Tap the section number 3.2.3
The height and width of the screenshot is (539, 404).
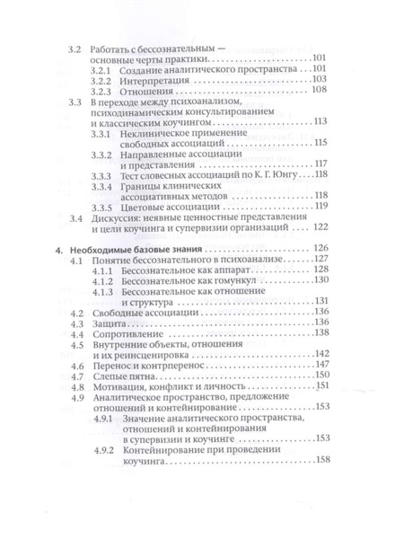105,92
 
